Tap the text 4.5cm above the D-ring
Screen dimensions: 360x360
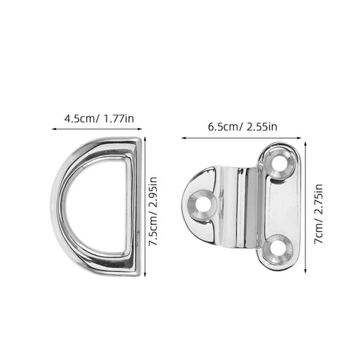pyautogui.click(x=76, y=118)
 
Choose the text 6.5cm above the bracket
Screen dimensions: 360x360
pyautogui.click(x=220, y=126)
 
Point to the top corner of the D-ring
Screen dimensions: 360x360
pyautogui.click(x=136, y=142)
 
